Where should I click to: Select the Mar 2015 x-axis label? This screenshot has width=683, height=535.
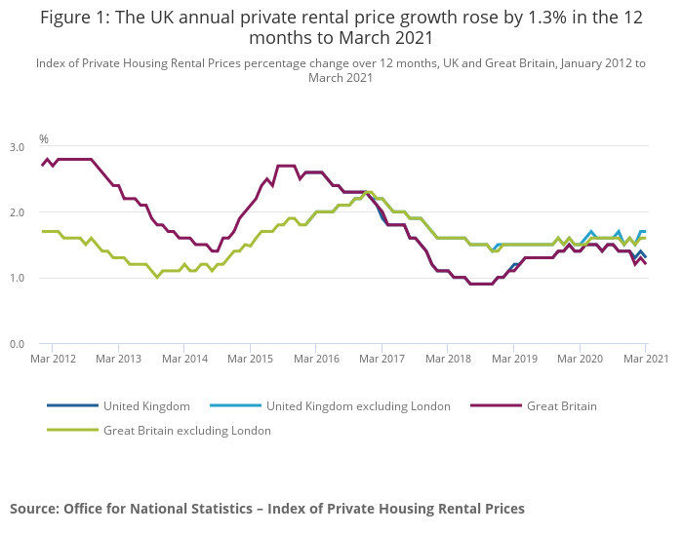(250, 360)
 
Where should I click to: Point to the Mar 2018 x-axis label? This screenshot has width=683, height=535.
(448, 360)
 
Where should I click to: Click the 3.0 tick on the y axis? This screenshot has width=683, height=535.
(18, 147)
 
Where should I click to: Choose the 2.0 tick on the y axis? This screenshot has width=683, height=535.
(18, 212)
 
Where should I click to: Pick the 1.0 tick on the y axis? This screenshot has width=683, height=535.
(18, 278)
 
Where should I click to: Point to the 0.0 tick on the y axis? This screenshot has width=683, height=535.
(18, 344)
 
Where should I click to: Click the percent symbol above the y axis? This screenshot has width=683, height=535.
(43, 139)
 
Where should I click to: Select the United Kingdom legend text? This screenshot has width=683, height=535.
(146, 406)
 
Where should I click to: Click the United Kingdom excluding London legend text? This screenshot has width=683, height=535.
(358, 406)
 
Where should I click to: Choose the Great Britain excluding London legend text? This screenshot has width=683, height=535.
(187, 430)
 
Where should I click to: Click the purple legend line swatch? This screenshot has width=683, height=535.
(496, 406)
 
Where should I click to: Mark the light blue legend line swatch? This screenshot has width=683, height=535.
(234, 406)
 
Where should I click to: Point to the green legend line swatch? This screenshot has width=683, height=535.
(72, 430)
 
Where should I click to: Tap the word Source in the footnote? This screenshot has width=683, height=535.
(34, 509)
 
